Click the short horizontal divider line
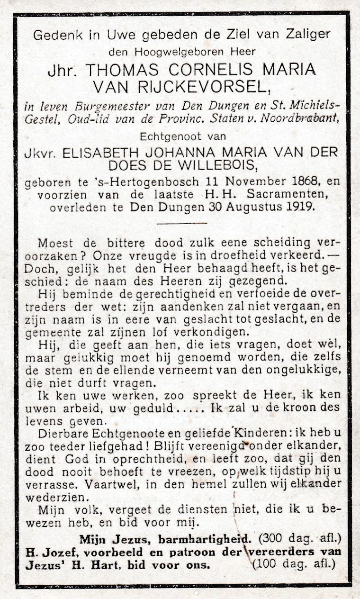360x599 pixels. click(182, 223)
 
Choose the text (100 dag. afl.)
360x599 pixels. click(294, 564)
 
